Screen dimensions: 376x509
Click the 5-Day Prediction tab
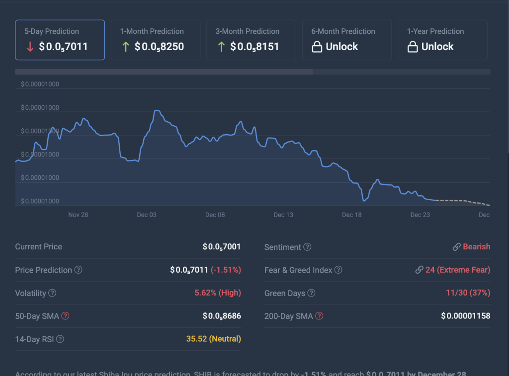pyautogui.click(x=60, y=40)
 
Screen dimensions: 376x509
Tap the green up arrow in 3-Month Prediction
pyautogui.click(x=221, y=47)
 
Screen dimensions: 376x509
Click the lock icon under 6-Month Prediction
pyautogui.click(x=317, y=47)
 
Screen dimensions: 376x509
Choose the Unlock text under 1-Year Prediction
pyautogui.click(x=437, y=47)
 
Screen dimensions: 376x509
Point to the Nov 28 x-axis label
pyautogui.click(x=78, y=215)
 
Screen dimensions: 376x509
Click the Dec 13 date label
pyautogui.click(x=283, y=215)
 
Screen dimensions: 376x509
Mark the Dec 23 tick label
pyautogui.click(x=420, y=215)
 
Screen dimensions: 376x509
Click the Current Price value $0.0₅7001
pyautogui.click(x=222, y=247)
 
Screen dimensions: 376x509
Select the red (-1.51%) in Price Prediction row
pyautogui.click(x=226, y=270)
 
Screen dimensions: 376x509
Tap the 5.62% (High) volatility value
pyautogui.click(x=218, y=293)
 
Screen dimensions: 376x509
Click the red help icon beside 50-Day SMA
pyautogui.click(x=65, y=316)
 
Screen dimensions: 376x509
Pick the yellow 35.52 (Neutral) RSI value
pyautogui.click(x=213, y=339)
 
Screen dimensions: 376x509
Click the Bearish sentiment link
pyautogui.click(x=476, y=247)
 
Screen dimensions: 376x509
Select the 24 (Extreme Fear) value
pyautogui.click(x=457, y=270)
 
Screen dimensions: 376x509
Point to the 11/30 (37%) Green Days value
pyautogui.click(x=468, y=293)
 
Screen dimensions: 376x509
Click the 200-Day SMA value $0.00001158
pyautogui.click(x=465, y=316)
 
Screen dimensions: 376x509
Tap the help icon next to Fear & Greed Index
pyautogui.click(x=338, y=270)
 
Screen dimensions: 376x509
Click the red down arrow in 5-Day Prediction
pyautogui.click(x=30, y=47)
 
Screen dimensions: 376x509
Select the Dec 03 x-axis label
pyautogui.click(x=147, y=215)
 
